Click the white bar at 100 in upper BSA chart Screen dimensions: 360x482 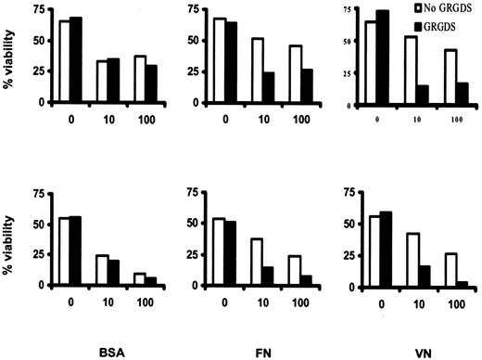(x=115, y=80)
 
